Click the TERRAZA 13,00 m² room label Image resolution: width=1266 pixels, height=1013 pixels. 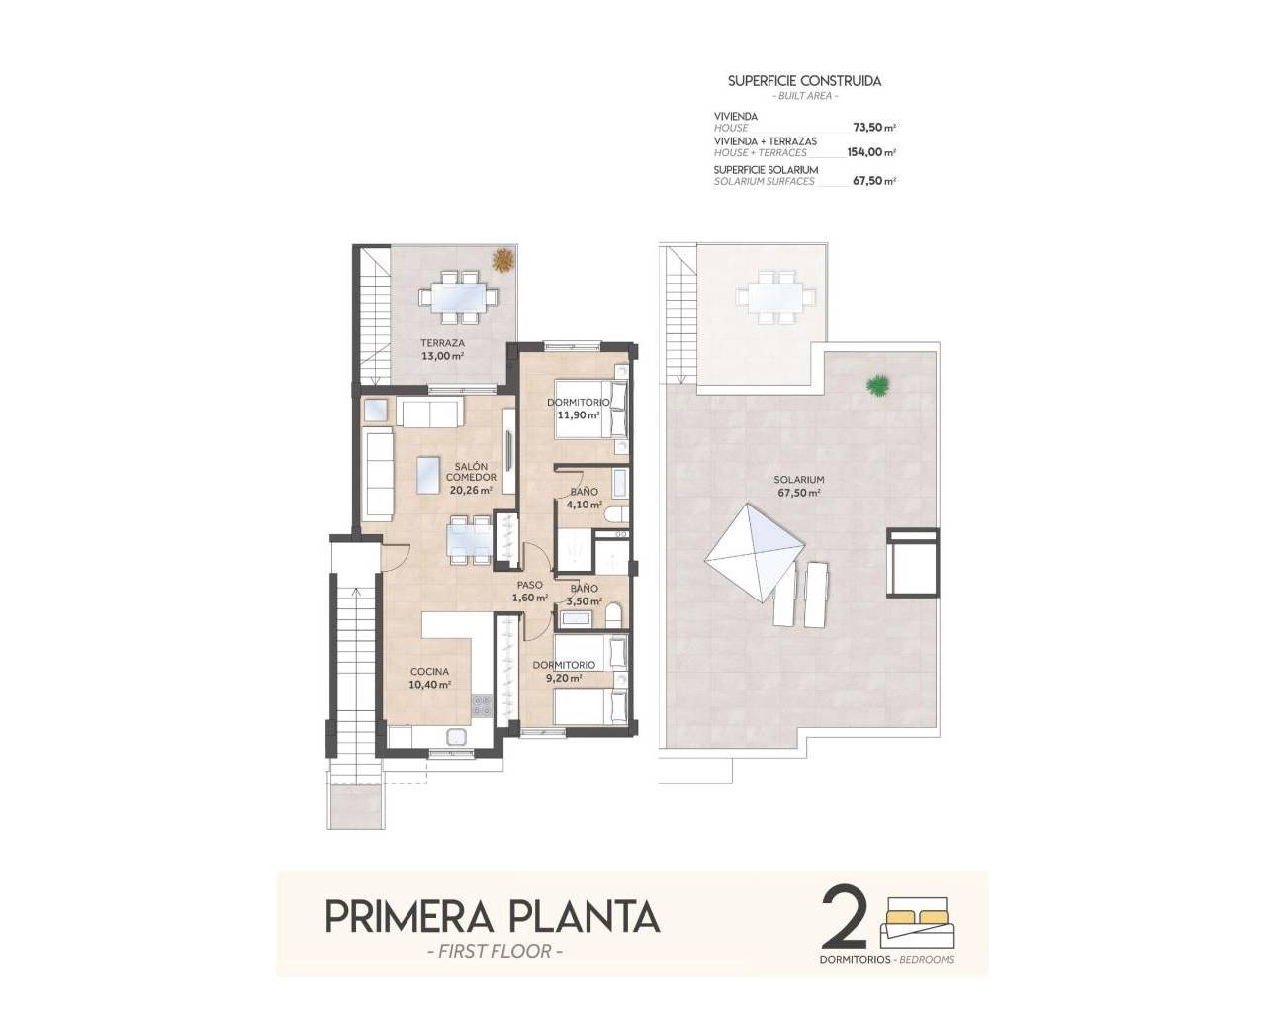pos(442,349)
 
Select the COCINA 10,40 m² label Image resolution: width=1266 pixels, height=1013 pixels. pos(430,677)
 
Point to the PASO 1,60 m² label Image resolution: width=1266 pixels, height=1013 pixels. pos(530,591)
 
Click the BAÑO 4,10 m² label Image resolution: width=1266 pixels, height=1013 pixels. pos(584,498)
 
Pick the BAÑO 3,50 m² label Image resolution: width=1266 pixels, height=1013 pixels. pos(584,595)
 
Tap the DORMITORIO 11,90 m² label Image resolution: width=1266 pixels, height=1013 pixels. pos(579,409)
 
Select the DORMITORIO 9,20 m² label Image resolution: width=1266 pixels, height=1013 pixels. pos(564,671)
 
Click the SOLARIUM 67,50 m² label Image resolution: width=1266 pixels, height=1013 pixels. pos(799,486)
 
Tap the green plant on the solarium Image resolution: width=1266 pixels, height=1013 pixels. pos(874,386)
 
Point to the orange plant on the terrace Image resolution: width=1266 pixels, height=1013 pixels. pos(503,260)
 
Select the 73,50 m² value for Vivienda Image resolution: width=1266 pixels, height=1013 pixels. pos(873,128)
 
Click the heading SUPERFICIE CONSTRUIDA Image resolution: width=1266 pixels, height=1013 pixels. pos(804,81)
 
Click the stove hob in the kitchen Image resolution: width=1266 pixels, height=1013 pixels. pos(482,705)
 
